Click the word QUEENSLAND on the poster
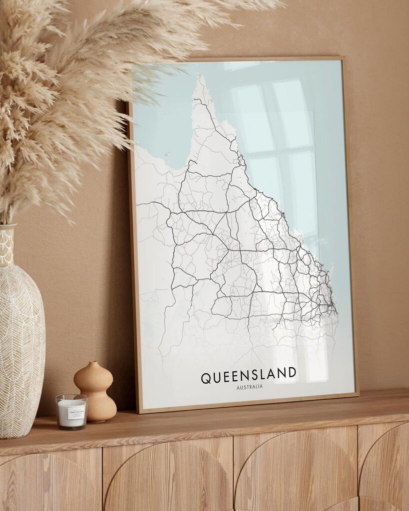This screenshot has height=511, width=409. point(248,375)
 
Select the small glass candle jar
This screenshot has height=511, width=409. point(71,411)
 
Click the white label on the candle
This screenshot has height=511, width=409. point(72,409)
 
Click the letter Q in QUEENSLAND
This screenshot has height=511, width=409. point(206,377)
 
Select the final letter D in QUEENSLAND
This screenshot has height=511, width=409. point(291,373)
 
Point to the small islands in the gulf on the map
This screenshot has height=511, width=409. point(168,155)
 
